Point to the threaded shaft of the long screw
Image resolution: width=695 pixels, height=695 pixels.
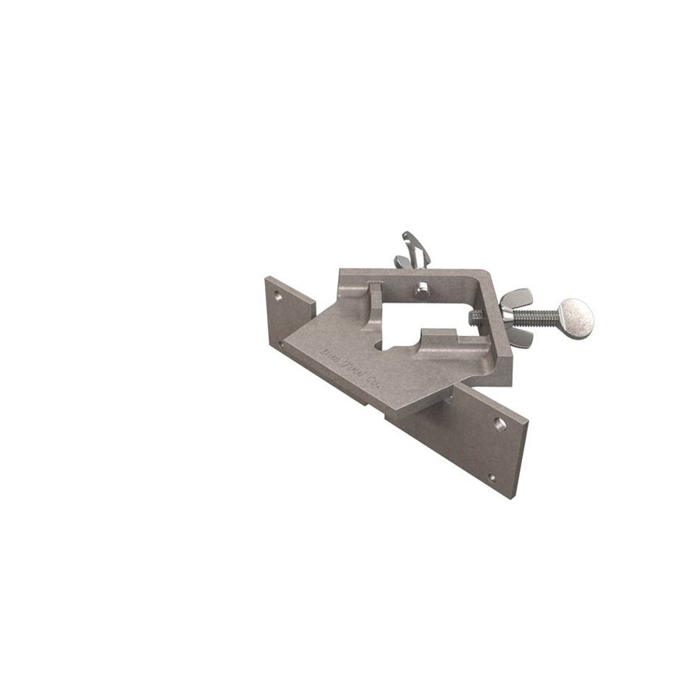point(541,315)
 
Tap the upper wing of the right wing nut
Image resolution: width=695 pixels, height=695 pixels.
point(515,297)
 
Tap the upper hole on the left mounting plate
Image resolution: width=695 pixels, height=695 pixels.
point(276,294)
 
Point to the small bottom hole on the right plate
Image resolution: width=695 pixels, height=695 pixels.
point(492,477)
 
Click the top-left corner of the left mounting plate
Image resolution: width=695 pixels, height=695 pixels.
point(266,277)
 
